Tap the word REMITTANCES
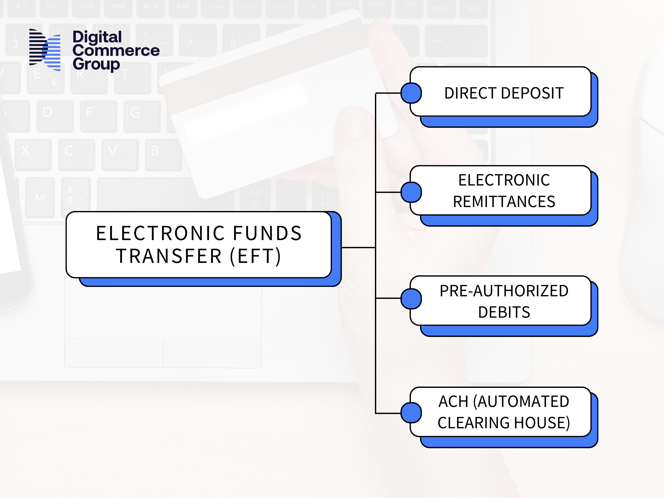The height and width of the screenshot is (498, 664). pyautogui.click(x=504, y=201)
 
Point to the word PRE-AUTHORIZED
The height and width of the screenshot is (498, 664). pyautogui.click(x=504, y=291)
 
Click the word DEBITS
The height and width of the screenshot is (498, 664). pyautogui.click(x=504, y=312)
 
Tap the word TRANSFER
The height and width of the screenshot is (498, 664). pyautogui.click(x=169, y=256)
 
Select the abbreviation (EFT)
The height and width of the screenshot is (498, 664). pyautogui.click(x=255, y=256)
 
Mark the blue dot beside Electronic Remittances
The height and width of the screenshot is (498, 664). pyautogui.click(x=411, y=192)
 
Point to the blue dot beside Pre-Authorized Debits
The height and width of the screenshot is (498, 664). pyautogui.click(x=411, y=299)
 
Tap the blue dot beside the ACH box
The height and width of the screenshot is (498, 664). pyautogui.click(x=411, y=413)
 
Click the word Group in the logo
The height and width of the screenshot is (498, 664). pyautogui.click(x=96, y=64)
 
